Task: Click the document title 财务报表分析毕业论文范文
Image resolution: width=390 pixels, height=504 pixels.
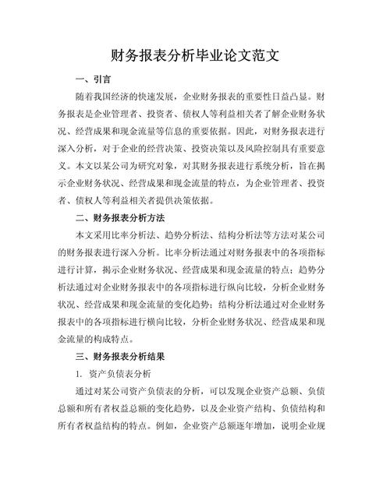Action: point(195,56)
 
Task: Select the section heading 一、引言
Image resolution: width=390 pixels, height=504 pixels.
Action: point(93,79)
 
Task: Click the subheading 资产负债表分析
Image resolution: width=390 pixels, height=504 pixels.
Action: point(120,373)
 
